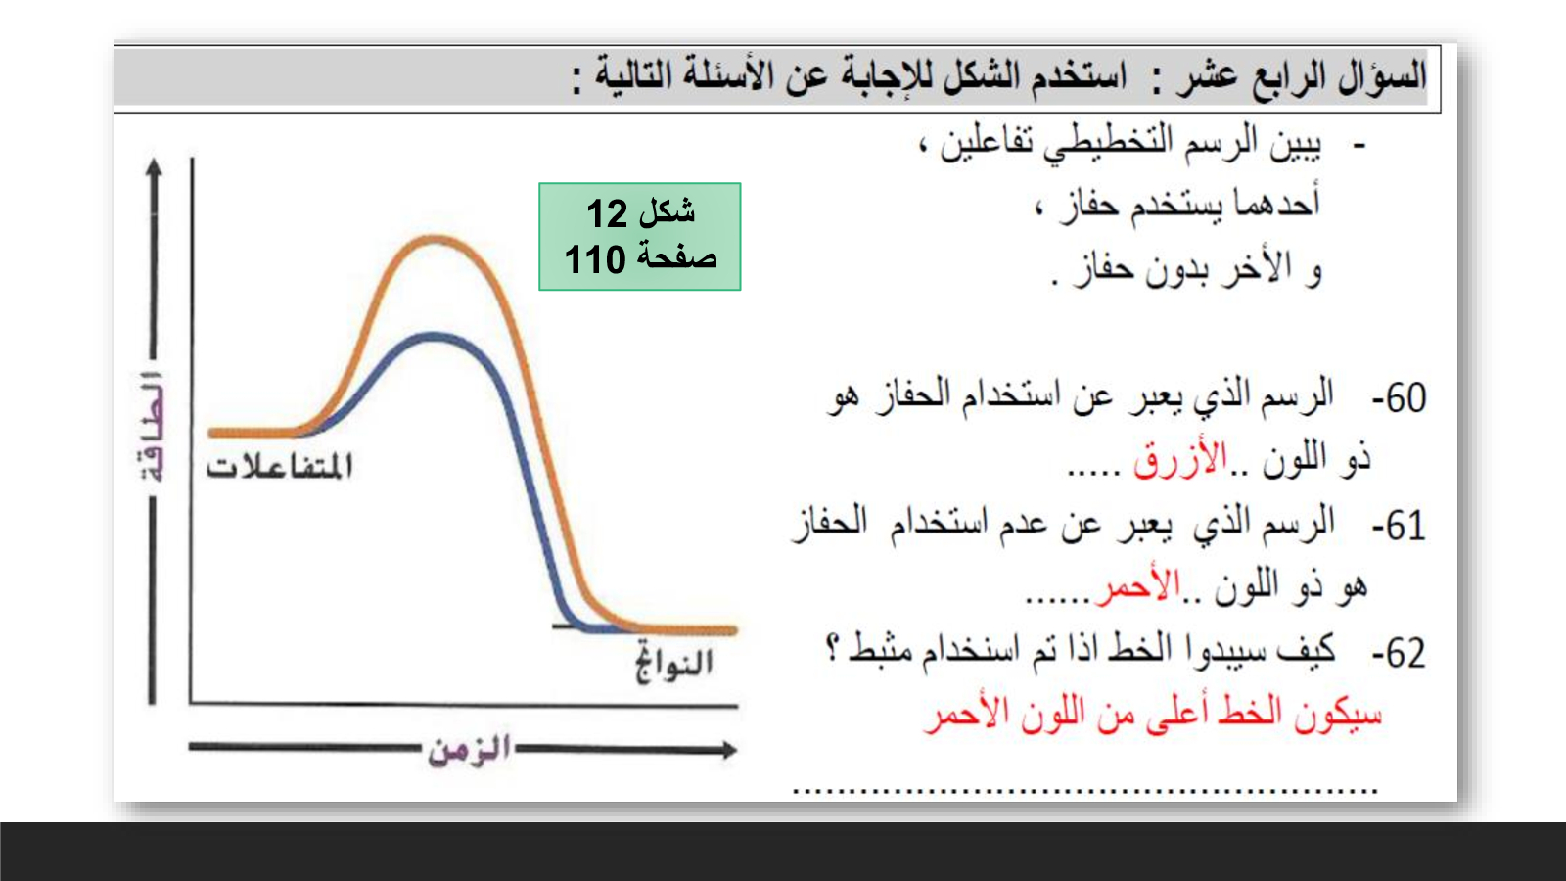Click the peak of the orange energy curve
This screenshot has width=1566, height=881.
click(x=435, y=240)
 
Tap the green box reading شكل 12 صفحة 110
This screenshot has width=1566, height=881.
click(x=640, y=236)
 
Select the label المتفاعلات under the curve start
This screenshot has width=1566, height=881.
click(x=280, y=466)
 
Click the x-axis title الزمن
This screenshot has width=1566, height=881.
click(x=470, y=750)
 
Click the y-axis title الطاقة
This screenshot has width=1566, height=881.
click(x=152, y=427)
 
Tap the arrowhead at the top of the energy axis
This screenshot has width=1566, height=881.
click(x=154, y=166)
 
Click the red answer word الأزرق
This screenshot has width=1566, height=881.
click(x=1180, y=459)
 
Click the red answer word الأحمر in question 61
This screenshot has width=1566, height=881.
click(x=1138, y=588)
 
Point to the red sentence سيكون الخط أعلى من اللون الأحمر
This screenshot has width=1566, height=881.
click(x=1153, y=714)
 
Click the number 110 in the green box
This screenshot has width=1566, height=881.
click(x=595, y=259)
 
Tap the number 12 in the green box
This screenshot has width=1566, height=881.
click(x=607, y=213)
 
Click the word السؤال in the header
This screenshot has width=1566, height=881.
click(x=1382, y=75)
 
